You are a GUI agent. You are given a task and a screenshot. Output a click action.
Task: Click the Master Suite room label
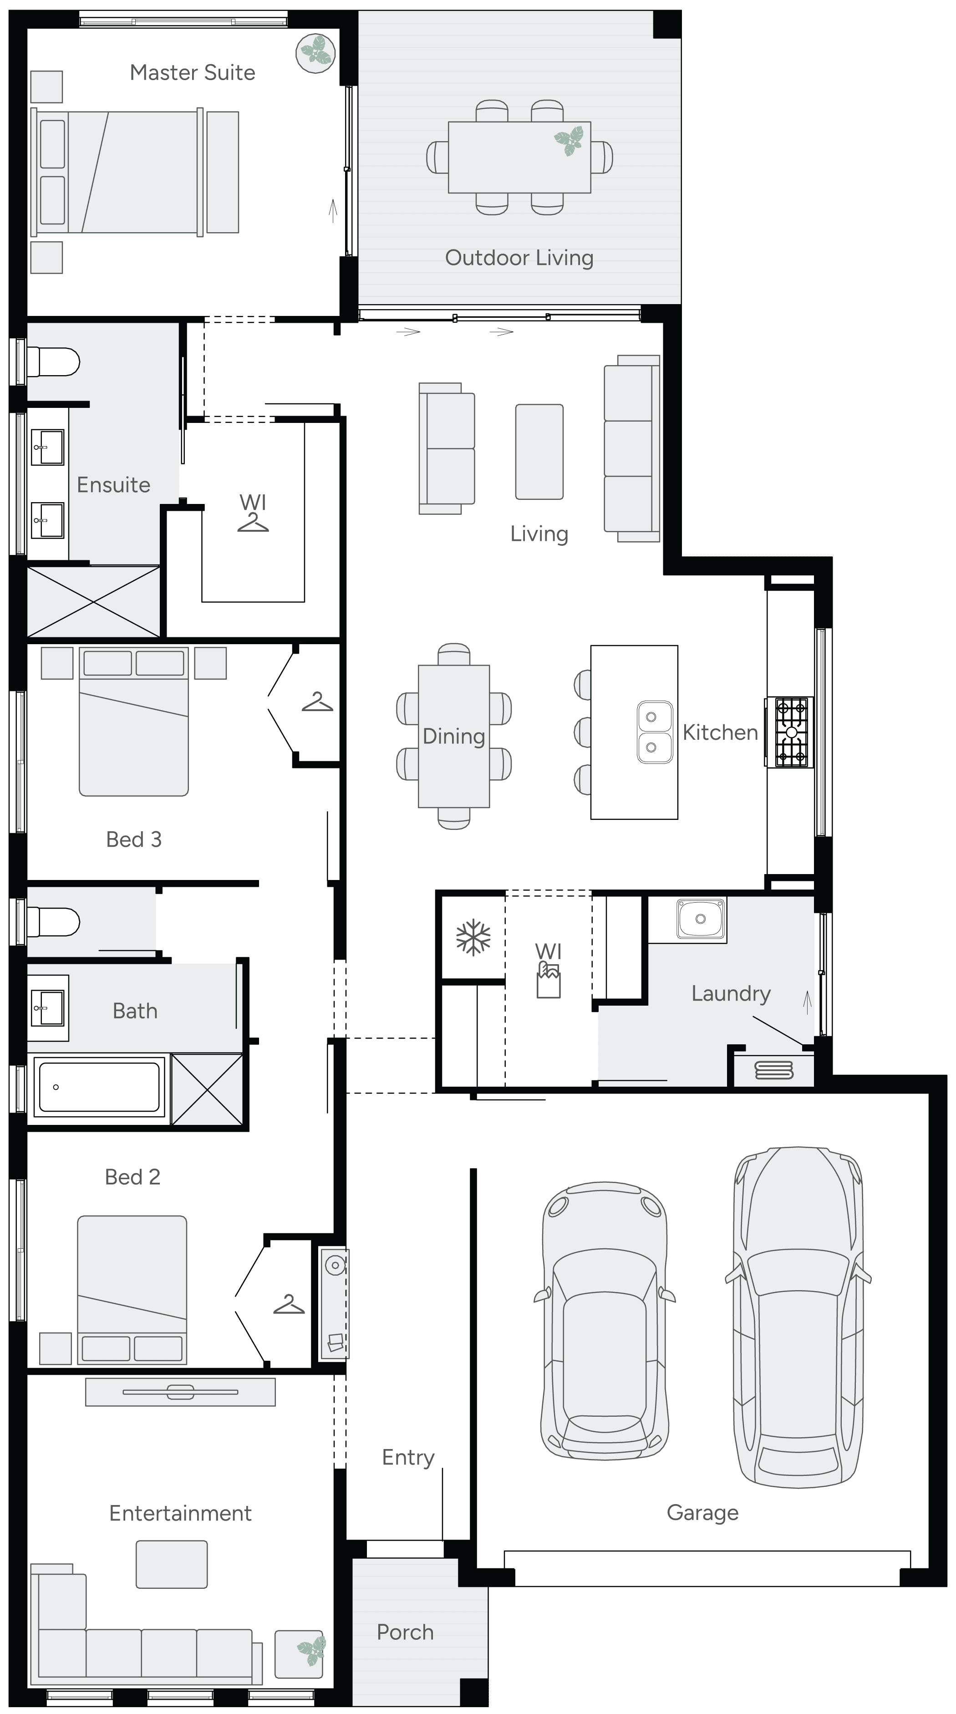tap(192, 72)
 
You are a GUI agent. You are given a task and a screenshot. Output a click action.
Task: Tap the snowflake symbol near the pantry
tap(473, 937)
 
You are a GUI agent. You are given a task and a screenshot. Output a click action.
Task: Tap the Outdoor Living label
tap(519, 258)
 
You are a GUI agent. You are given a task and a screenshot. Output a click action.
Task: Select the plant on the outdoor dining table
tap(569, 140)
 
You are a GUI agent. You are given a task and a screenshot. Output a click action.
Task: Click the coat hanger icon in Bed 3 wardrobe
tap(317, 702)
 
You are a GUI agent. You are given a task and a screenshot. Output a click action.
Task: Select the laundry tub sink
tap(700, 919)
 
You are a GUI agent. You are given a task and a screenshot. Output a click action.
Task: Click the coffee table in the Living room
tap(539, 452)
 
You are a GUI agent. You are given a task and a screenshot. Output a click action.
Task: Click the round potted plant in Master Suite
tap(315, 52)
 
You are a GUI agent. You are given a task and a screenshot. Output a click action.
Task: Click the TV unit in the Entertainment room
tap(180, 1391)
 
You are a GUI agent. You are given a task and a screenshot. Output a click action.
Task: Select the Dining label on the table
tap(454, 736)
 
